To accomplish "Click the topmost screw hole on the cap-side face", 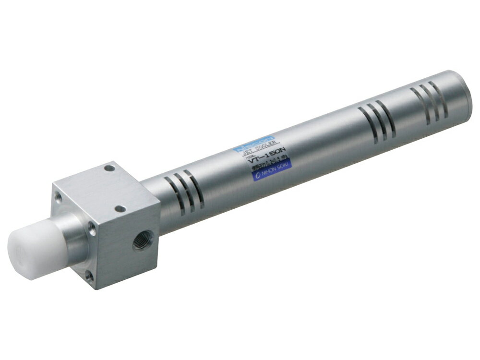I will click(58, 197).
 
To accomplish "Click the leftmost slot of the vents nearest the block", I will click(171, 197).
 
